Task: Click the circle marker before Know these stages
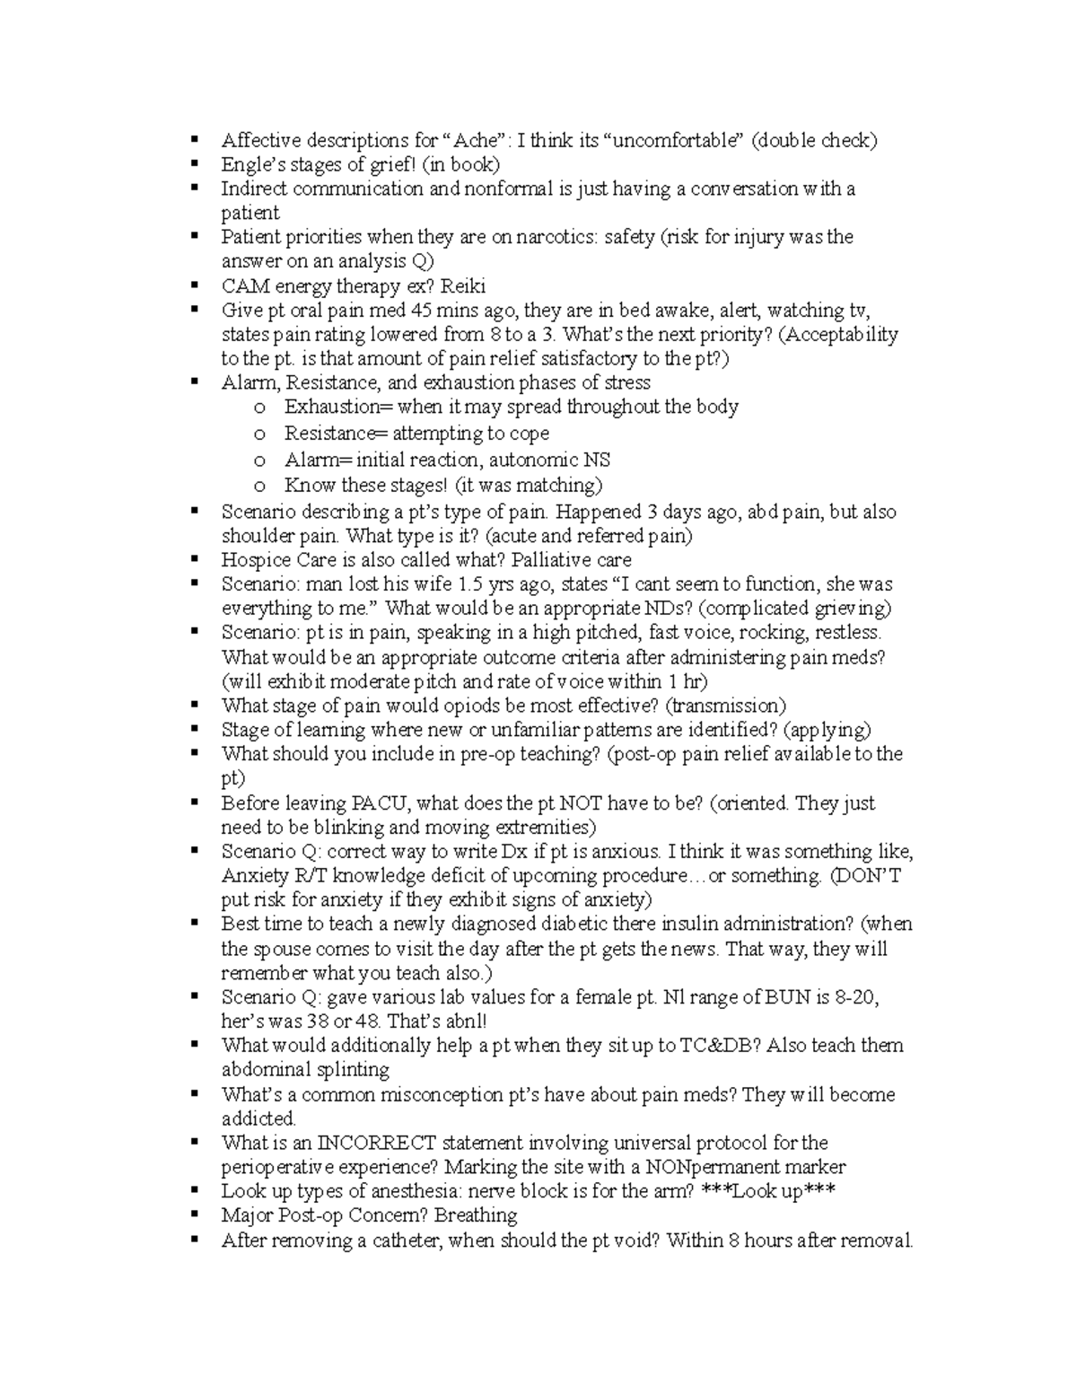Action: (260, 487)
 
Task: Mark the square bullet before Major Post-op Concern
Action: (194, 1214)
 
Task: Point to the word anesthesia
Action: (413, 1191)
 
